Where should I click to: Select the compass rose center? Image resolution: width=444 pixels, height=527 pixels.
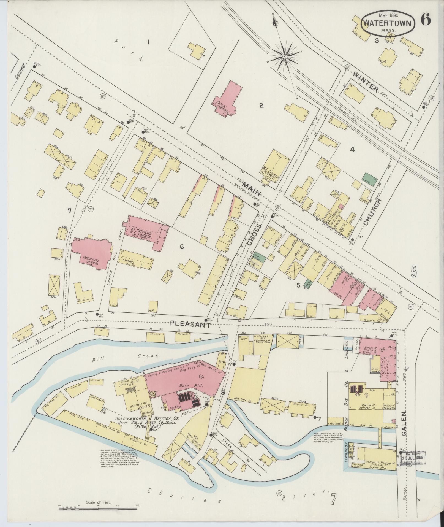285,57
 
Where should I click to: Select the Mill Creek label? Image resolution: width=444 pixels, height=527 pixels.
127,357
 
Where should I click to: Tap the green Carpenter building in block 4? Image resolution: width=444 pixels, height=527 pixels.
369,179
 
